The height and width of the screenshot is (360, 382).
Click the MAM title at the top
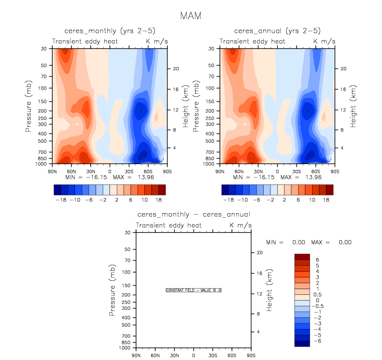coord(191,16)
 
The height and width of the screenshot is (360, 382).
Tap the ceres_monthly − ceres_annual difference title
coord(193,214)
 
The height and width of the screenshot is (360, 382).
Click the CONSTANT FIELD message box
coord(193,290)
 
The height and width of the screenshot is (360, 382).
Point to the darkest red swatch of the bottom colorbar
coord(302,256)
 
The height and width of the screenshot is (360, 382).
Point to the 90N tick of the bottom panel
coord(137,355)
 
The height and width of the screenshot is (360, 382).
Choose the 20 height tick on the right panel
coord(343,69)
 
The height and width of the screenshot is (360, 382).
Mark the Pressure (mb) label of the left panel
coord(28,106)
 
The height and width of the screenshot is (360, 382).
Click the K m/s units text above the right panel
coord(323,41)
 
